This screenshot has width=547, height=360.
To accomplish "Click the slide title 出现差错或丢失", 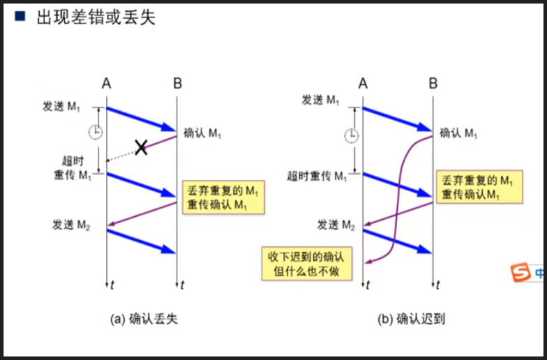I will (x=96, y=17).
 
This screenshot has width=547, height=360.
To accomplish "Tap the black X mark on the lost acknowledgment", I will (x=141, y=147).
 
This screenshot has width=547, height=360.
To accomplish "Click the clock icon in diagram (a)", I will (x=95, y=132).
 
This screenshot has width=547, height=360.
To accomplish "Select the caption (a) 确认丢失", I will (x=144, y=319).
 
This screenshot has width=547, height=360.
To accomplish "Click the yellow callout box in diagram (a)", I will (x=217, y=197).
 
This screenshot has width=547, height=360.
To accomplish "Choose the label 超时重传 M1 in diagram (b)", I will (x=317, y=176).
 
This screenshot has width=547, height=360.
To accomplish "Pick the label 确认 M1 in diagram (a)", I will (x=206, y=132).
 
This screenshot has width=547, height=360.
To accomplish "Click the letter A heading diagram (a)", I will (x=106, y=84).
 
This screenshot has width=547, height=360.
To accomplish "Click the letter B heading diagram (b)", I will (x=433, y=84).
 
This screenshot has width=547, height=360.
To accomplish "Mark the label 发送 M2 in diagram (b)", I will (x=336, y=225).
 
